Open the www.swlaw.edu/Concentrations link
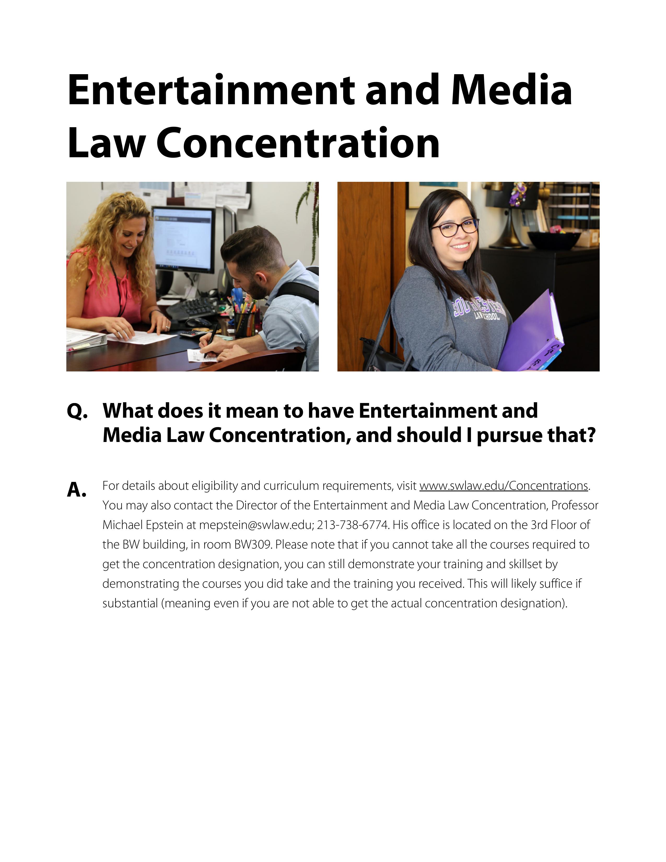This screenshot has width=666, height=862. pos(504,486)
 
